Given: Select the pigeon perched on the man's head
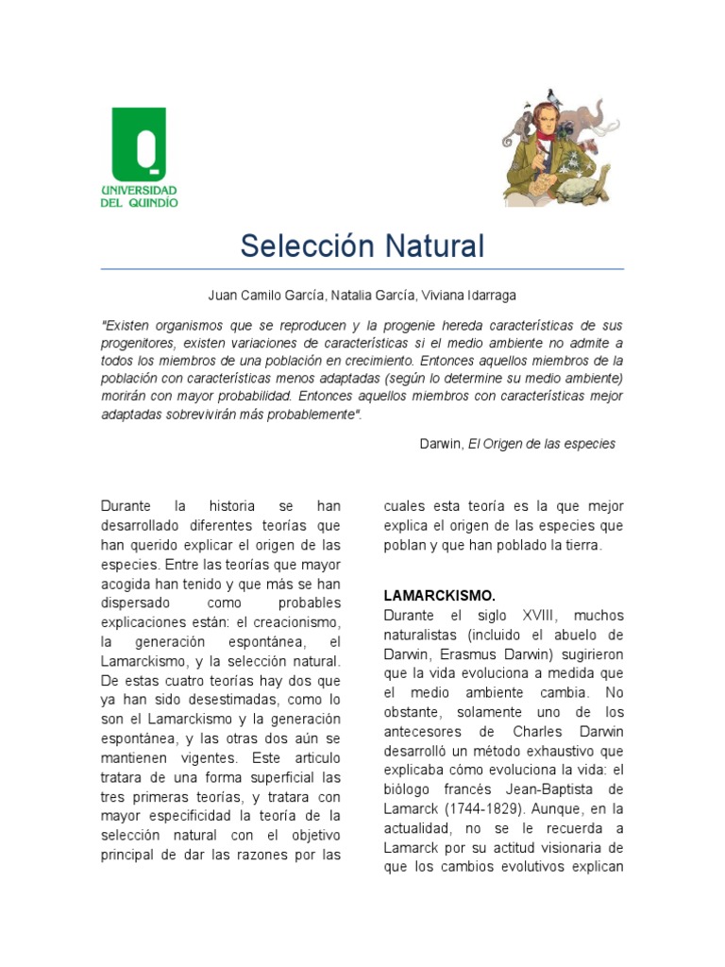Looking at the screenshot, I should click(x=553, y=97).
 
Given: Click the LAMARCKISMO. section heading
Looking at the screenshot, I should click(x=439, y=596).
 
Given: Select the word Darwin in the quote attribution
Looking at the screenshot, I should click(x=441, y=444).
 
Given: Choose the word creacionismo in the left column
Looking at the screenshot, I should click(x=301, y=623).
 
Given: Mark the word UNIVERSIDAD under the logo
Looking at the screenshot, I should click(x=139, y=190).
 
